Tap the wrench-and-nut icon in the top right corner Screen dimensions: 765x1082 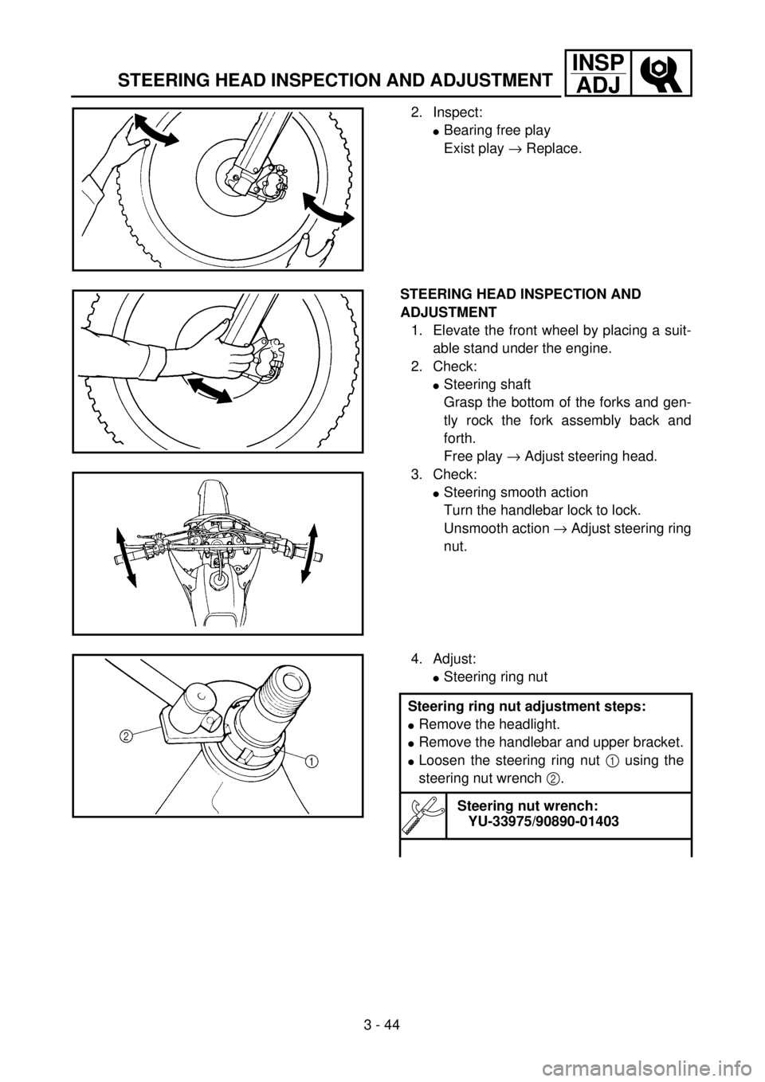tap(661, 73)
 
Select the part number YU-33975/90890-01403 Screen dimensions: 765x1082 tap(543, 821)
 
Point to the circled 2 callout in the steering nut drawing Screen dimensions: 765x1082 tap(125, 736)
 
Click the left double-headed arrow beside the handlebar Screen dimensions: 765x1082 tap(127, 557)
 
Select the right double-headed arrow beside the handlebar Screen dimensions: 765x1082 tap(308, 553)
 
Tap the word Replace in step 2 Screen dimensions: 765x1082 tap(554, 149)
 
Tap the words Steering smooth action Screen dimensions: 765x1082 tap(516, 492)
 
